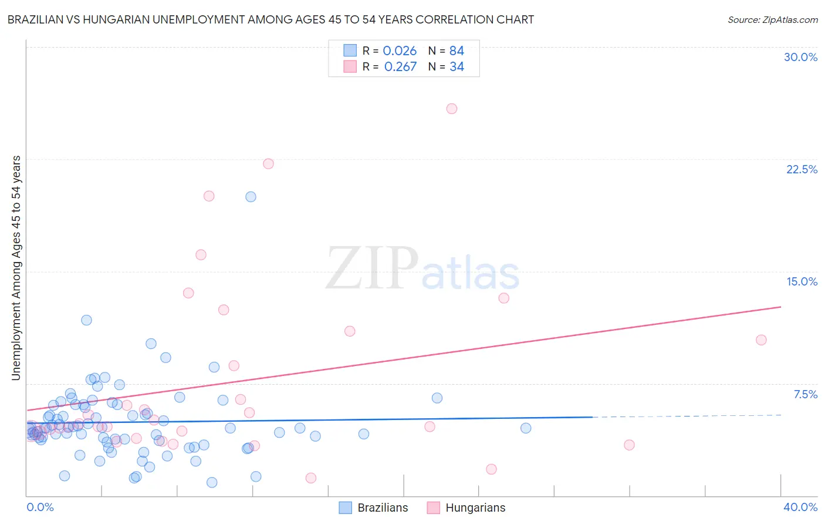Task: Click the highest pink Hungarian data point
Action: click(x=452, y=109)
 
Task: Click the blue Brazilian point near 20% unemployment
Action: click(x=251, y=197)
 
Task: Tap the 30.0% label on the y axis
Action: click(x=800, y=57)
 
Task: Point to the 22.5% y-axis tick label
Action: click(x=802, y=169)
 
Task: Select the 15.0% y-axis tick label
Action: click(x=802, y=281)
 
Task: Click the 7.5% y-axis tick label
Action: click(x=805, y=394)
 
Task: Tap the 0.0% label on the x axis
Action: click(x=40, y=507)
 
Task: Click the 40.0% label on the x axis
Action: click(x=800, y=507)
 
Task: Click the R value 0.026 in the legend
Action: click(x=400, y=51)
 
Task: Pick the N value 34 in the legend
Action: click(x=457, y=67)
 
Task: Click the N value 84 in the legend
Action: click(x=457, y=51)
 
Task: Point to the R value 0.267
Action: click(x=400, y=67)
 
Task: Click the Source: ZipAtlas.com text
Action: click(x=772, y=20)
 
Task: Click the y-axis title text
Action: click(x=16, y=268)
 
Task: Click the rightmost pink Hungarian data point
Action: click(x=761, y=340)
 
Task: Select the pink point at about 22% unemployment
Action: click(x=268, y=164)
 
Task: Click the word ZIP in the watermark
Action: click(x=372, y=268)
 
